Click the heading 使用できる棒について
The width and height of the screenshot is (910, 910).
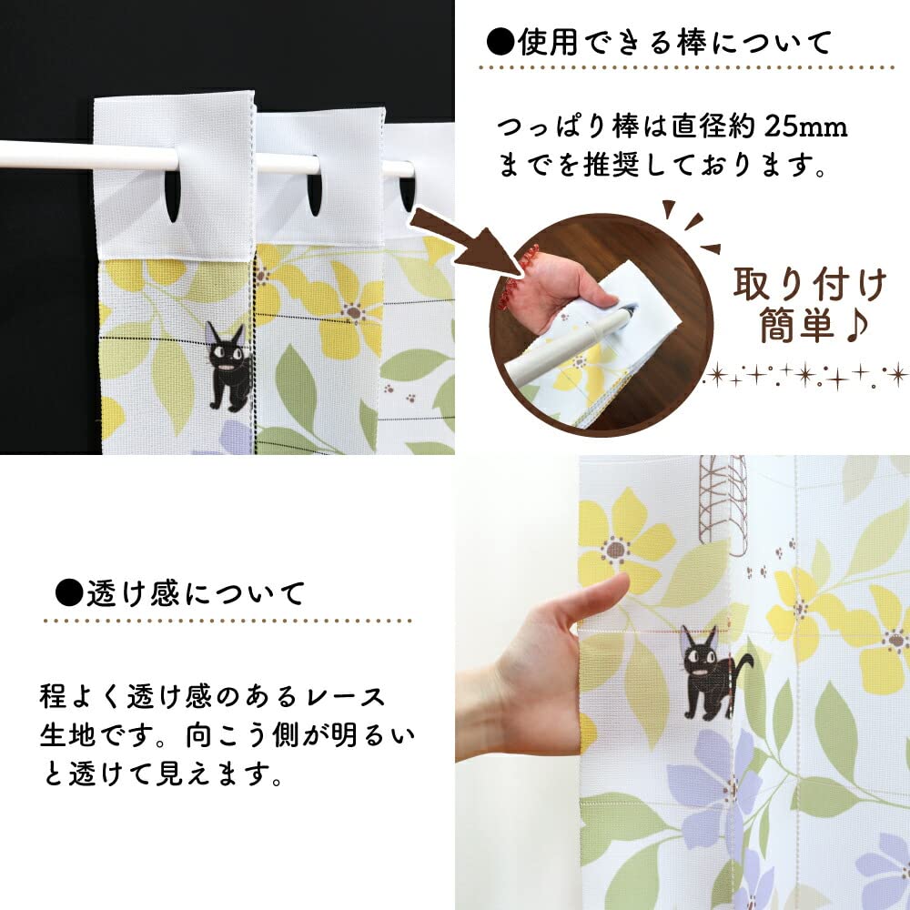click(x=673, y=42)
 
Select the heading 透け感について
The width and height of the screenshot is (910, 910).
click(x=196, y=594)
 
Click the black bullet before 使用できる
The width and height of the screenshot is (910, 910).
click(x=499, y=42)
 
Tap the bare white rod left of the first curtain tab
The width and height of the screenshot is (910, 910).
click(x=45, y=156)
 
